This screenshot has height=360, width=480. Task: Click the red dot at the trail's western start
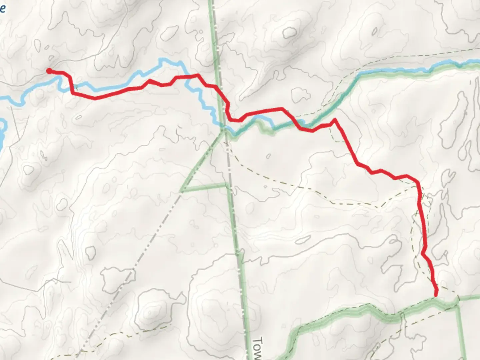(x=49, y=71)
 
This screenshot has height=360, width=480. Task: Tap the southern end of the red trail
(x=436, y=294)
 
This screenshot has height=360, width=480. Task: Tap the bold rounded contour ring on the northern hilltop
(x=290, y=32)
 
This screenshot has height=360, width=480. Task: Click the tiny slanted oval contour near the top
(x=375, y=32)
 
